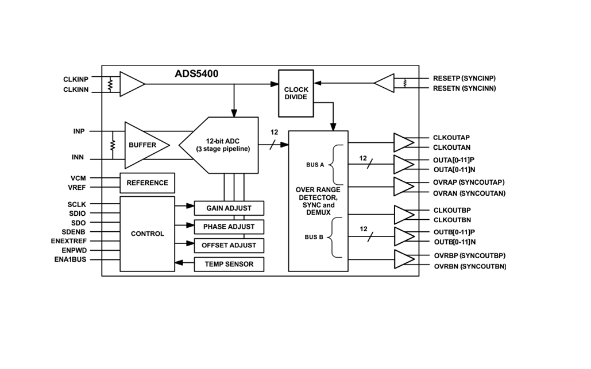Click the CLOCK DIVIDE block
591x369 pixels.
coord(296,93)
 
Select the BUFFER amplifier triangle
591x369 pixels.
coord(144,145)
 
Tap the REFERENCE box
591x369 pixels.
coord(147,182)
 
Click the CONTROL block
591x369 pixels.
coord(147,234)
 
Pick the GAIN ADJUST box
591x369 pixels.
coord(229,208)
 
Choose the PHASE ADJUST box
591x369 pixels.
coord(229,227)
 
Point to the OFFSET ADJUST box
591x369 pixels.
coord(229,246)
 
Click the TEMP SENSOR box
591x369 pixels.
coord(229,264)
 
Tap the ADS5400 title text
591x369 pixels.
coord(196,74)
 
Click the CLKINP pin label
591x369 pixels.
coord(76,79)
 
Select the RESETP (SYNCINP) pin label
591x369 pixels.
coord(464,78)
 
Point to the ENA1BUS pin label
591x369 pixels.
coord(71,260)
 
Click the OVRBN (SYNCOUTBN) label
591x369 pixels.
coord(470,266)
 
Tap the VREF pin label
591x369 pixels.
coord(77,188)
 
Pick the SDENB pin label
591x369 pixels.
coord(74,232)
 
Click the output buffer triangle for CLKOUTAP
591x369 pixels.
coord(403,142)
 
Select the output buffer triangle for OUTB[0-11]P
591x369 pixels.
coord(403,236)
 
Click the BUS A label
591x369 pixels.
coord(315,165)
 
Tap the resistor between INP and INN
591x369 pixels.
coord(113,145)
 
